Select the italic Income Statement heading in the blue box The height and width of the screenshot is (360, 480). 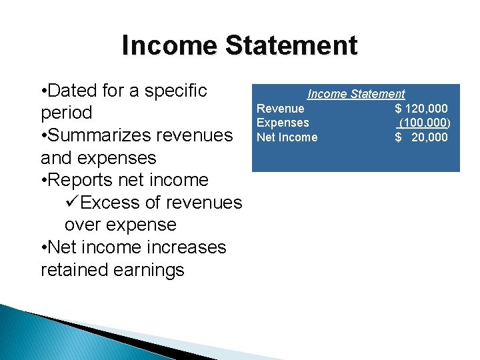(355, 94)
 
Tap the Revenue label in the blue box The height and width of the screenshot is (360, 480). (281, 109)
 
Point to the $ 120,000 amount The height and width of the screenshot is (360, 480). (421, 109)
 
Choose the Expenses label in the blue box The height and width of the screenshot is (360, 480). (283, 123)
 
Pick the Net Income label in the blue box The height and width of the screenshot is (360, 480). (287, 137)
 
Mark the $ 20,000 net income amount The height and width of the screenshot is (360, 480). (421, 137)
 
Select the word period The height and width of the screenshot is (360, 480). (67, 113)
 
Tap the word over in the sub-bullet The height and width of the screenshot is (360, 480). (84, 225)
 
